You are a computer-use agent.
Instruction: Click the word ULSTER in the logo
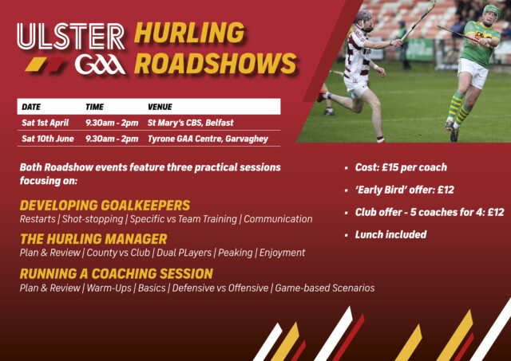click(x=71, y=37)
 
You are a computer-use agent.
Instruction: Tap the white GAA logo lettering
click(x=100, y=64)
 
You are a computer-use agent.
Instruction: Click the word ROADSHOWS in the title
click(x=216, y=63)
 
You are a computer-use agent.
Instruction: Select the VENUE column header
click(x=160, y=107)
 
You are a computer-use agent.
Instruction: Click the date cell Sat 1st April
click(x=45, y=123)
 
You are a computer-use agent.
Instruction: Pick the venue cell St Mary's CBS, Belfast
click(x=190, y=123)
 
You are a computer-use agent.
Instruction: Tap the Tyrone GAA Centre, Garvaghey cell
click(x=208, y=139)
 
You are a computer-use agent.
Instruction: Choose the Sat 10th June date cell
click(x=48, y=139)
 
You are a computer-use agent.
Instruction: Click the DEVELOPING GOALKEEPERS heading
click(x=105, y=206)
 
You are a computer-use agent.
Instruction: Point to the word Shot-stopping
click(x=93, y=219)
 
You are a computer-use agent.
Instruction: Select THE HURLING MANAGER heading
click(x=93, y=239)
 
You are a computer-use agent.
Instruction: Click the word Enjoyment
click(x=282, y=253)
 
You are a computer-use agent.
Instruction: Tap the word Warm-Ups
click(x=109, y=288)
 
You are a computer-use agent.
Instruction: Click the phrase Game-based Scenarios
click(x=325, y=288)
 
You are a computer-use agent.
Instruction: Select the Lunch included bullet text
click(x=390, y=234)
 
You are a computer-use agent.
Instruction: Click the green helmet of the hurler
click(x=491, y=11)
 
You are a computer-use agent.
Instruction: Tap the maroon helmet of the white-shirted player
click(x=363, y=16)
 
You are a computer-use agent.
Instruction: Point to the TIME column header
click(x=94, y=107)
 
